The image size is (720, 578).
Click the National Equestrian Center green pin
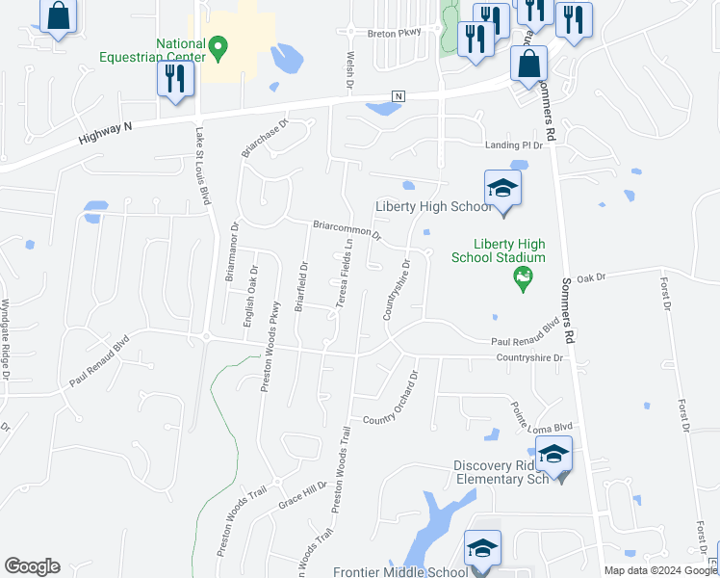pos(219,46)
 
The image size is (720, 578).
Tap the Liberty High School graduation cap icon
pos(502,188)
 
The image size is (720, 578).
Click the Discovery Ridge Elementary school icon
pos(553,454)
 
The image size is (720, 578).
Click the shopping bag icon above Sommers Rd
pos(529,66)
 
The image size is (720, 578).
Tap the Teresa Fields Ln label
pos(343,274)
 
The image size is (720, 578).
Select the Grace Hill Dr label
pos(303,495)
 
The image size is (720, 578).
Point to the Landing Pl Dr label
pos(514,144)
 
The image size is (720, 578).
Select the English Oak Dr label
pos(249,299)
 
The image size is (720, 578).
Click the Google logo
pos(32,566)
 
